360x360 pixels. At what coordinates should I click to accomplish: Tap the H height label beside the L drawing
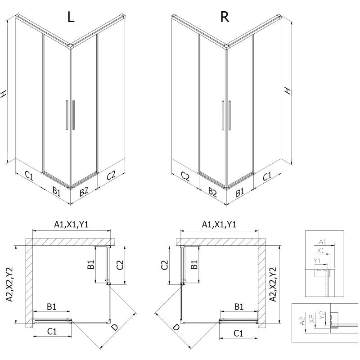(x=4, y=94)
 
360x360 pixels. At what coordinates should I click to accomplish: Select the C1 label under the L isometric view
(x=28, y=176)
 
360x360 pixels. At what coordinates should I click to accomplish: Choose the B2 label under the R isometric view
(x=212, y=193)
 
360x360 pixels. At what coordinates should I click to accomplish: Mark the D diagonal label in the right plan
(x=176, y=329)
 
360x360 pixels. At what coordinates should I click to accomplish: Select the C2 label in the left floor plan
(x=119, y=265)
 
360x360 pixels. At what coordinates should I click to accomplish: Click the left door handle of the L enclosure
(x=66, y=116)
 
